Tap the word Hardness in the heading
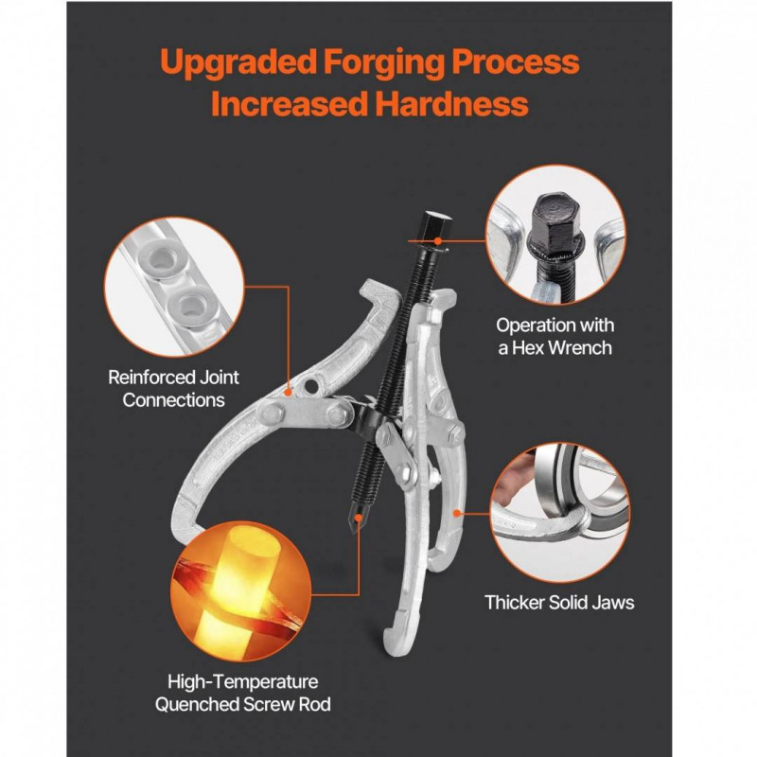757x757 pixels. (x=451, y=104)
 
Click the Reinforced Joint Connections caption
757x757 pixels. (x=173, y=389)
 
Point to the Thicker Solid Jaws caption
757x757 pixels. (x=559, y=603)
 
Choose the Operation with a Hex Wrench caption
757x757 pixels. (x=555, y=337)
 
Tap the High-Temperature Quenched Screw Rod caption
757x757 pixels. (x=243, y=694)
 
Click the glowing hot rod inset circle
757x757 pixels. (x=240, y=590)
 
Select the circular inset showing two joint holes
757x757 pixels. (x=174, y=288)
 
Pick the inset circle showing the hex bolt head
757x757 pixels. (x=555, y=235)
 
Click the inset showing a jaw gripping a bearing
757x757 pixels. (x=559, y=513)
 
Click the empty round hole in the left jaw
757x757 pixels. (x=312, y=386)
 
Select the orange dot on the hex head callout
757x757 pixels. (x=437, y=240)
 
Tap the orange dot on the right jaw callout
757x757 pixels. (x=456, y=513)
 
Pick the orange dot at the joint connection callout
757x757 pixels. (x=289, y=392)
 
